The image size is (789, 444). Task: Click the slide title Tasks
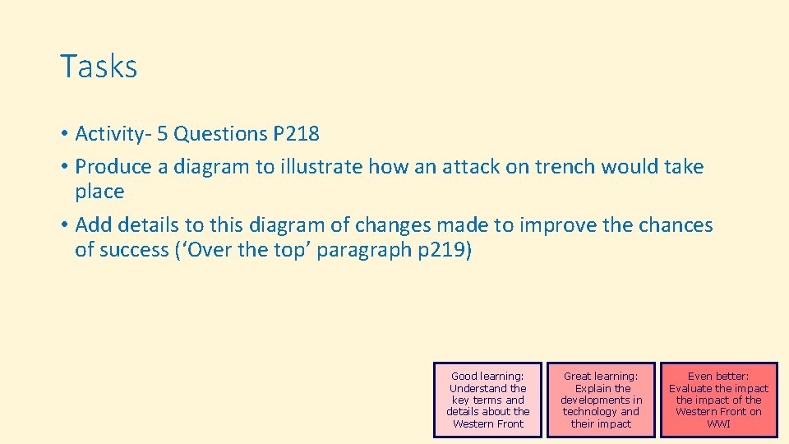pyautogui.click(x=99, y=67)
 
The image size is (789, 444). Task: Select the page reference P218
pyautogui.click(x=294, y=133)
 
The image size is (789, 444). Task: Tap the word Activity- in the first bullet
pyautogui.click(x=111, y=133)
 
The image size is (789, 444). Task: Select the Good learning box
pyautogui.click(x=488, y=400)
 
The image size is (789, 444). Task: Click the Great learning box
pyautogui.click(x=601, y=400)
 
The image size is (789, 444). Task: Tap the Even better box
pyautogui.click(x=718, y=400)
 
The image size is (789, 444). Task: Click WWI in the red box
pyautogui.click(x=718, y=424)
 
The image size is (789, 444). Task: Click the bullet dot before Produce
pyautogui.click(x=63, y=168)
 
